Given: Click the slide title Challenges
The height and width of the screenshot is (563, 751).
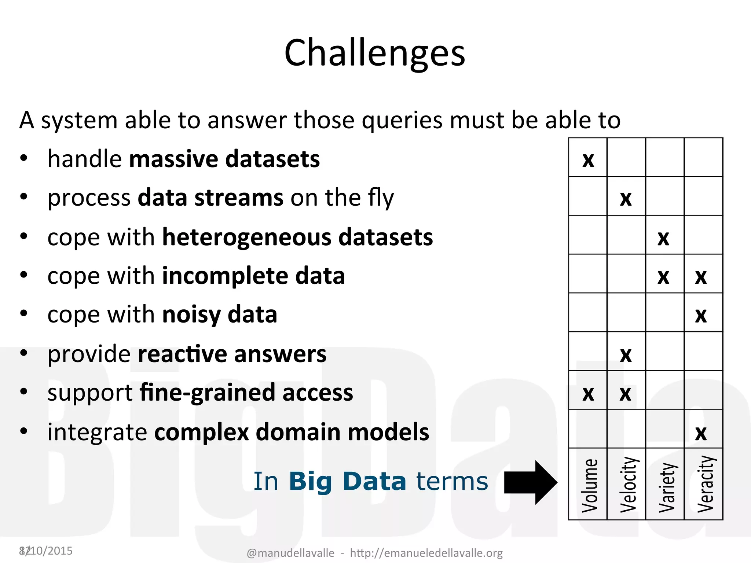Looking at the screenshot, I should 375,53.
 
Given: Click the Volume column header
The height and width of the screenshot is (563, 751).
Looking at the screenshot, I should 589,485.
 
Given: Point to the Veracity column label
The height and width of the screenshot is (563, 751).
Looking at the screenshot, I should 706,484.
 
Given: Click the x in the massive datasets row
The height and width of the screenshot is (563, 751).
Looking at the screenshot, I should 588,160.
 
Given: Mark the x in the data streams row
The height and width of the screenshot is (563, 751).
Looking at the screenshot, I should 626,199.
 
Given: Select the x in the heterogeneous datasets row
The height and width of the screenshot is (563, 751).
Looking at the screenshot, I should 663,238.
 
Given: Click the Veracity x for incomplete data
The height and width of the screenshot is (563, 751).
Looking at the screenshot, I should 701,277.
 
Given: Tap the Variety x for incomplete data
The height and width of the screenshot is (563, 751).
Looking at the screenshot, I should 663,277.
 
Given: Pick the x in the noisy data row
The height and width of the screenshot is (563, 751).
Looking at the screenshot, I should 701,315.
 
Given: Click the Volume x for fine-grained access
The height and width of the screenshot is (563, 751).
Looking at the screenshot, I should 588,394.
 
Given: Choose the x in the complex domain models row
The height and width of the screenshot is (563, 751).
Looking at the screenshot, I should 701,433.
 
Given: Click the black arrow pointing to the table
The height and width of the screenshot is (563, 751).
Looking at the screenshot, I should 530,482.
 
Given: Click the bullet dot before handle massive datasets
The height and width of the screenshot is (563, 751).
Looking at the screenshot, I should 24,158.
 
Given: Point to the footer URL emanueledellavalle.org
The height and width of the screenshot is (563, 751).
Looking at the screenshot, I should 426,553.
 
